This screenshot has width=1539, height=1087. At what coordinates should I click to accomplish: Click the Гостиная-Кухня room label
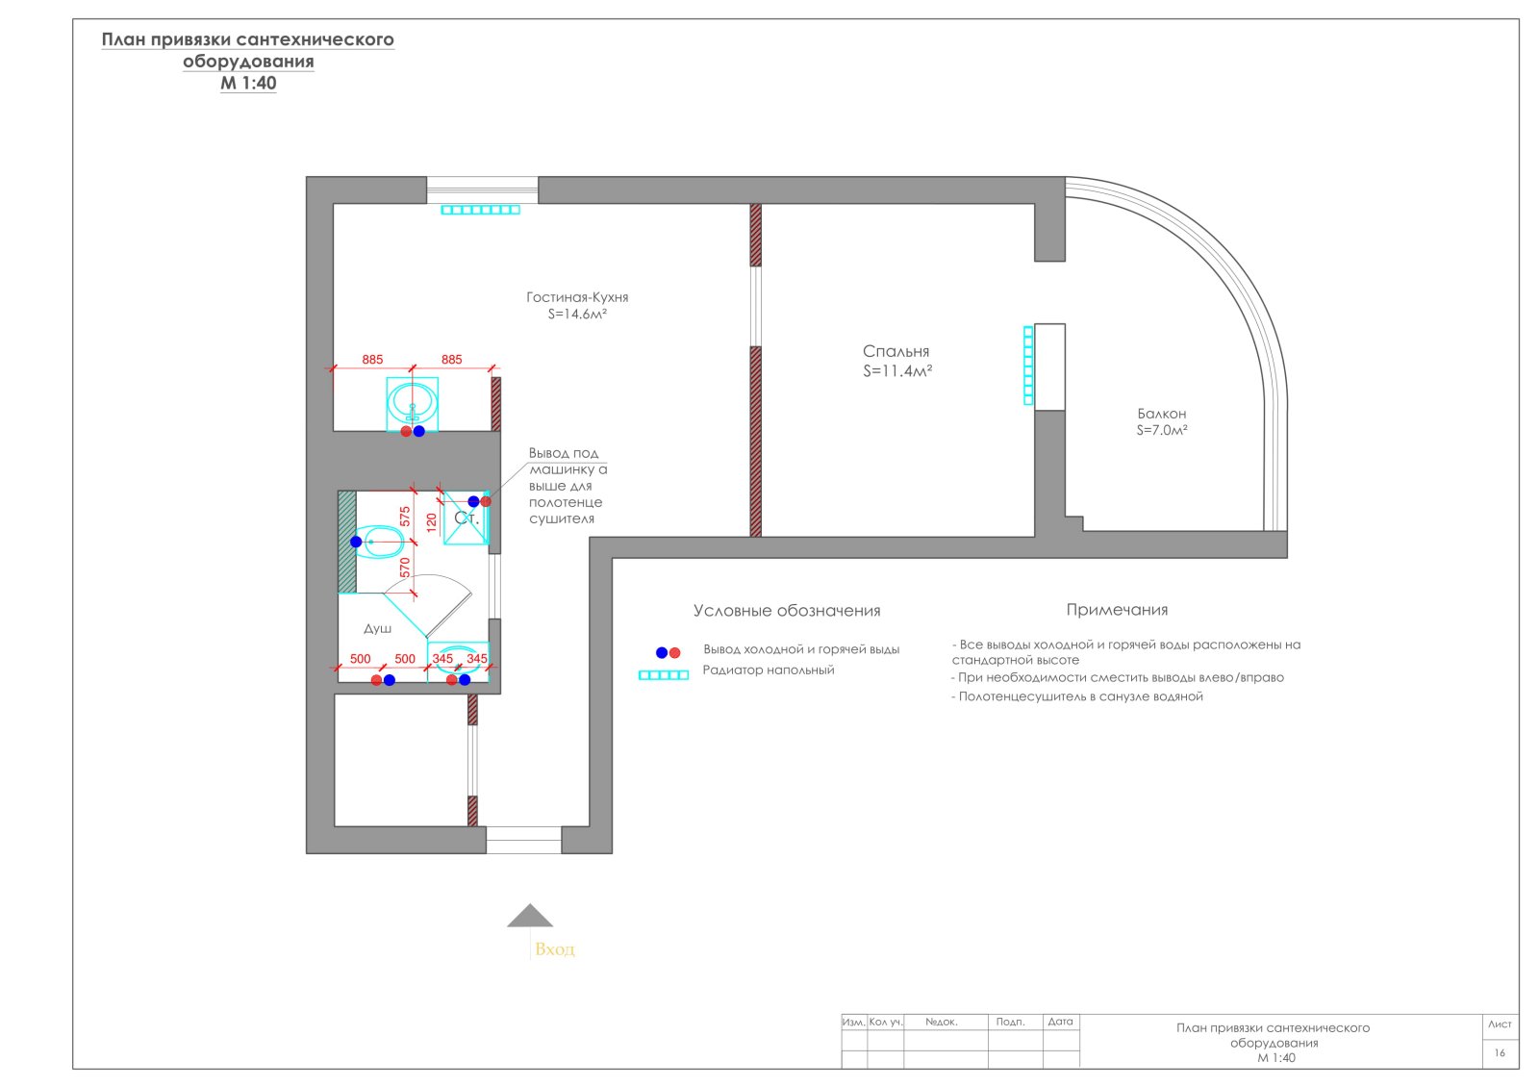pos(577,297)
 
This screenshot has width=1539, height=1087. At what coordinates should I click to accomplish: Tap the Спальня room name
pos(896,351)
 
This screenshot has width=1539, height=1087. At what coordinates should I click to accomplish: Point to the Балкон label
pos(1161,414)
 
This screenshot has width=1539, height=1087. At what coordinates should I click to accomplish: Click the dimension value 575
pos(405,516)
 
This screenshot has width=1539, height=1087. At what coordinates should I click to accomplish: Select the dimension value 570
pos(405,568)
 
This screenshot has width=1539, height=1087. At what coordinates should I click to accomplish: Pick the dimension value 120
pos(432,522)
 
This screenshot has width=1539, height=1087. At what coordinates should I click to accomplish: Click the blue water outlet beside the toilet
pos(356,542)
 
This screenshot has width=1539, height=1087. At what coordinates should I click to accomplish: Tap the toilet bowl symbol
pos(378,542)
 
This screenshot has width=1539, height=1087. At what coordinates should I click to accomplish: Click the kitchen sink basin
pos(413,405)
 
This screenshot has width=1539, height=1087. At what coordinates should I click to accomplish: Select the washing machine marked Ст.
pos(466,518)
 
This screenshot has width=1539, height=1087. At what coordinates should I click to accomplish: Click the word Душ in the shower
pos(377,629)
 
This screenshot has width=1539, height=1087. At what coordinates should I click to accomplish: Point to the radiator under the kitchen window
pos(480,210)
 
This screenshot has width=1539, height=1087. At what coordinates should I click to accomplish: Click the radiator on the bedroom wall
pos(1028,366)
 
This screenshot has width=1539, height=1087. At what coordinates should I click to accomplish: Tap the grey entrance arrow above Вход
pos(530,915)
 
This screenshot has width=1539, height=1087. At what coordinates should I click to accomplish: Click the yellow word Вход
pos(554,949)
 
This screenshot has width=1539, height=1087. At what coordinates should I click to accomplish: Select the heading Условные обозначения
pos(787,611)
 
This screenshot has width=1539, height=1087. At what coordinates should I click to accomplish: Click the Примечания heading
pos(1117,610)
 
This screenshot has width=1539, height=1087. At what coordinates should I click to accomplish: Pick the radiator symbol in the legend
pos(663,674)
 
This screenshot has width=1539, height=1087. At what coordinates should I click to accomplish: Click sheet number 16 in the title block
pos(1500,1052)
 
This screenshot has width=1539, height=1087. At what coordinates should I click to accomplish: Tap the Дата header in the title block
pos(1060,1022)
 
